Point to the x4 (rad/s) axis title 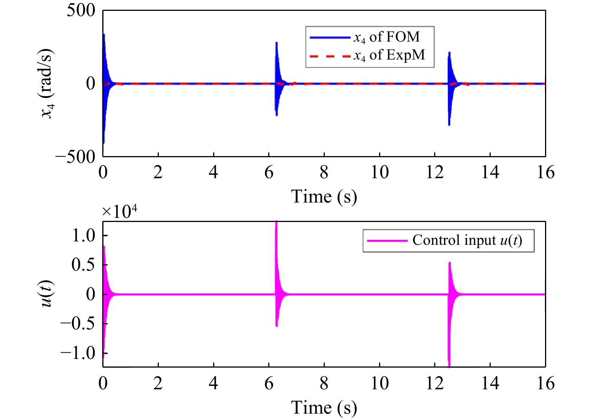[48, 83]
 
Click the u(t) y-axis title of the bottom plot [47, 294]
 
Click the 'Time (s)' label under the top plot [324, 197]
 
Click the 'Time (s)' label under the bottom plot [324, 408]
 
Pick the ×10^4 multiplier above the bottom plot [119, 211]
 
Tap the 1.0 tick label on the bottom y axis [84, 235]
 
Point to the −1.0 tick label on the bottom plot [78, 353]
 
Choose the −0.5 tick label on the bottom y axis [78, 323]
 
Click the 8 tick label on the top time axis [324, 173]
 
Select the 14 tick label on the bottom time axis [490, 383]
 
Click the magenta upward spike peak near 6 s [276, 223]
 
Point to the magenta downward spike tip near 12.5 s [449, 365]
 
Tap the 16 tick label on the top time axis [545, 173]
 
